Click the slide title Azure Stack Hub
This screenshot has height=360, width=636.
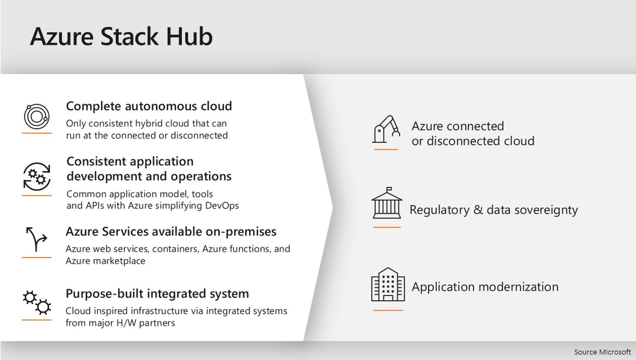[x=121, y=36]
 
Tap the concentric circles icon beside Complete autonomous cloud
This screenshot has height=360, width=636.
[x=36, y=116]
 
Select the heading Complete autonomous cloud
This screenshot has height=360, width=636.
[x=148, y=106]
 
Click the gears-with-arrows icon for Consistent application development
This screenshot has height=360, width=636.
[x=37, y=177]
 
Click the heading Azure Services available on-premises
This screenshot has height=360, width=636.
[x=171, y=231]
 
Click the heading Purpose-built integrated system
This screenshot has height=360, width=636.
[x=157, y=293]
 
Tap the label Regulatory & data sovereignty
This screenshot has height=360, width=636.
[x=494, y=210]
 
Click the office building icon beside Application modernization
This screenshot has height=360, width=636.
[x=387, y=284]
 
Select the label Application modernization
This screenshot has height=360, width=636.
[x=485, y=287]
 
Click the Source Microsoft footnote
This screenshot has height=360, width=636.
[x=602, y=352]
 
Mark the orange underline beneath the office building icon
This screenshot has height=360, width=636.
[x=387, y=310]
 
